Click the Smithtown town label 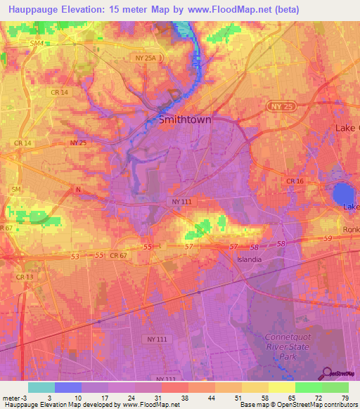click(x=185, y=119)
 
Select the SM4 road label click(x=37, y=44)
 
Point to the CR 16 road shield click(x=295, y=181)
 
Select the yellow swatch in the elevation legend click(x=281, y=387)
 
